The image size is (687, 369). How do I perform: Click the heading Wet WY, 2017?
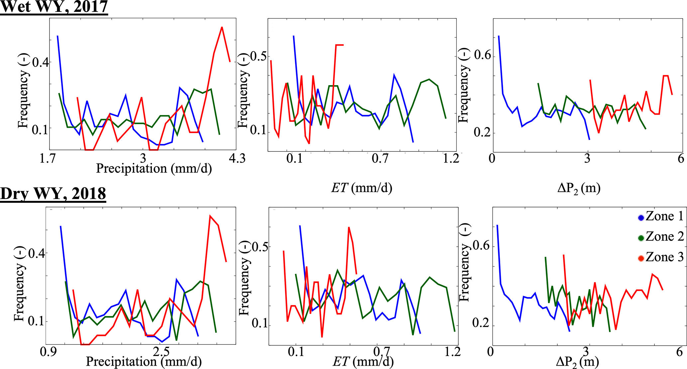[x=54, y=7]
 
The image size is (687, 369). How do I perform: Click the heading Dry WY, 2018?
[x=53, y=193]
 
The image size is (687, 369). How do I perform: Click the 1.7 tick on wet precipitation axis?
[x=48, y=158]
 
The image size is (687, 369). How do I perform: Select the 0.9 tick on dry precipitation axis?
[x=48, y=351]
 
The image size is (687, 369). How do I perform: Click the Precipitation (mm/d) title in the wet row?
[x=154, y=169]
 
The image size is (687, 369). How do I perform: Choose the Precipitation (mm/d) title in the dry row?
[x=144, y=362]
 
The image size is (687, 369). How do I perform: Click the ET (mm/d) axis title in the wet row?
[x=362, y=188]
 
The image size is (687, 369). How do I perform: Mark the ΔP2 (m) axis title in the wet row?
[x=579, y=188]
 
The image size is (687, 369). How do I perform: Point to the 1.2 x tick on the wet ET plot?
[x=451, y=158]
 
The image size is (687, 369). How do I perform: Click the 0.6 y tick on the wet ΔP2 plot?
[x=483, y=55]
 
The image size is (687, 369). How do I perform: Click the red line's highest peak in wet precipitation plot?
[x=222, y=27]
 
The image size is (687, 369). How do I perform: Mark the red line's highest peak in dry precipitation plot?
[x=210, y=216]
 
